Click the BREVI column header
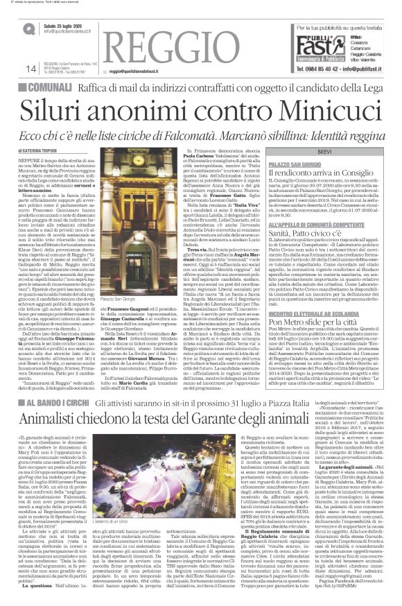(328, 150)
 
